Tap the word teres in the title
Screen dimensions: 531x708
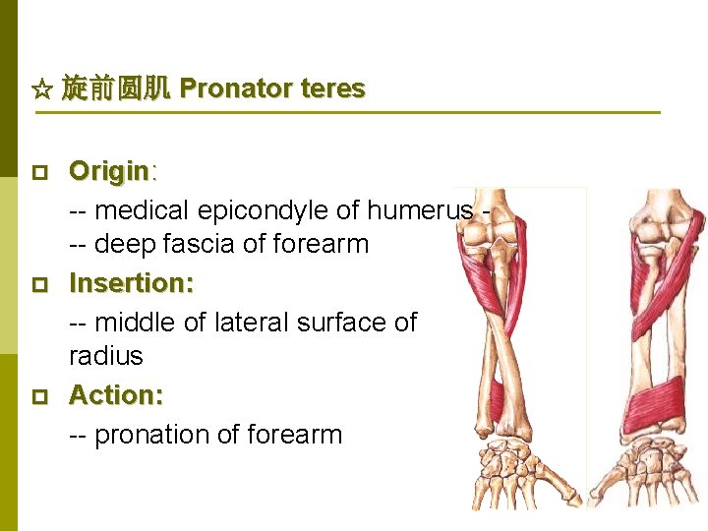point(332,89)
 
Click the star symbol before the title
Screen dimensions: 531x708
point(42,90)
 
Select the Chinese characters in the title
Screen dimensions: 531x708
point(116,89)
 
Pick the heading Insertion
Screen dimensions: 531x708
point(131,284)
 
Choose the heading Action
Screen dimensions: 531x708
point(115,395)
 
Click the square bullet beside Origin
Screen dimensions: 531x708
point(39,173)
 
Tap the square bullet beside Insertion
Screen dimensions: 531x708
point(39,285)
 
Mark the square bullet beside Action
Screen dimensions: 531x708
point(39,396)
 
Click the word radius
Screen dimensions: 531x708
point(105,356)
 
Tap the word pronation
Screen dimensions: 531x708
point(157,435)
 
